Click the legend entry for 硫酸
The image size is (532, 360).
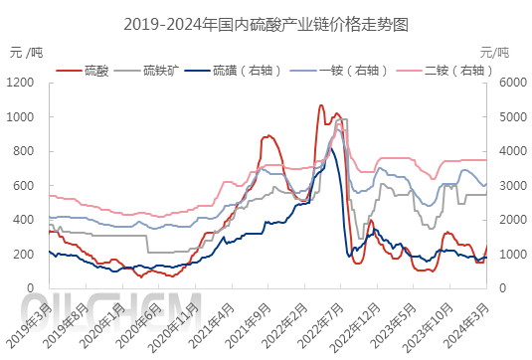pos(96,70)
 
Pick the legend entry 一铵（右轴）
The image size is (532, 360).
pos(346,70)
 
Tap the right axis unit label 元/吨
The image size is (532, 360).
pos(494,51)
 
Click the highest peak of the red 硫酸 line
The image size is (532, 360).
pos(320,105)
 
